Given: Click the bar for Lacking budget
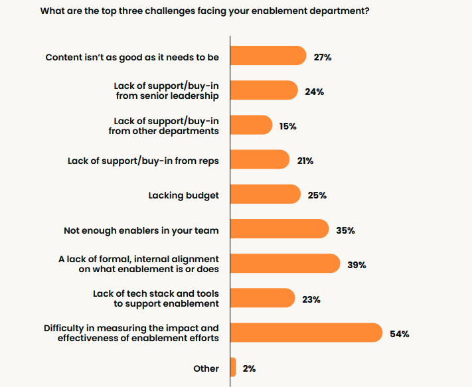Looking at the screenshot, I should [265, 194].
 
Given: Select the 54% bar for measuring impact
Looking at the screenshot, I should [306, 333].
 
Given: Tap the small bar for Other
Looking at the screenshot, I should [233, 367].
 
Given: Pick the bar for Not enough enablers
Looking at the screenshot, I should [279, 229].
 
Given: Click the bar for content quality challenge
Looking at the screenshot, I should [268, 56].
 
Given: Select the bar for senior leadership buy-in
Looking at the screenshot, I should [264, 91].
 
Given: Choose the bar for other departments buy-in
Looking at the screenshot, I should [251, 125].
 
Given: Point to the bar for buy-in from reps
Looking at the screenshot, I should [260, 160].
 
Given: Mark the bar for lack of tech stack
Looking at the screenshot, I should [262, 299].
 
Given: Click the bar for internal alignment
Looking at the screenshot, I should [285, 264].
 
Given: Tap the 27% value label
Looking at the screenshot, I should [323, 57].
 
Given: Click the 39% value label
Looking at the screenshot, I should [357, 265].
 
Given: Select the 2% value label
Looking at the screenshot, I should [250, 368].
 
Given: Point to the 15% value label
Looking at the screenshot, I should [287, 126].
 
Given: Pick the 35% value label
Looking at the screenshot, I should [345, 230].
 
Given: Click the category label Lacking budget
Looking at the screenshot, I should [183, 195].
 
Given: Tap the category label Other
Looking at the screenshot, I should [206, 368].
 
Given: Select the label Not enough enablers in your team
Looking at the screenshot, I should [141, 230].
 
